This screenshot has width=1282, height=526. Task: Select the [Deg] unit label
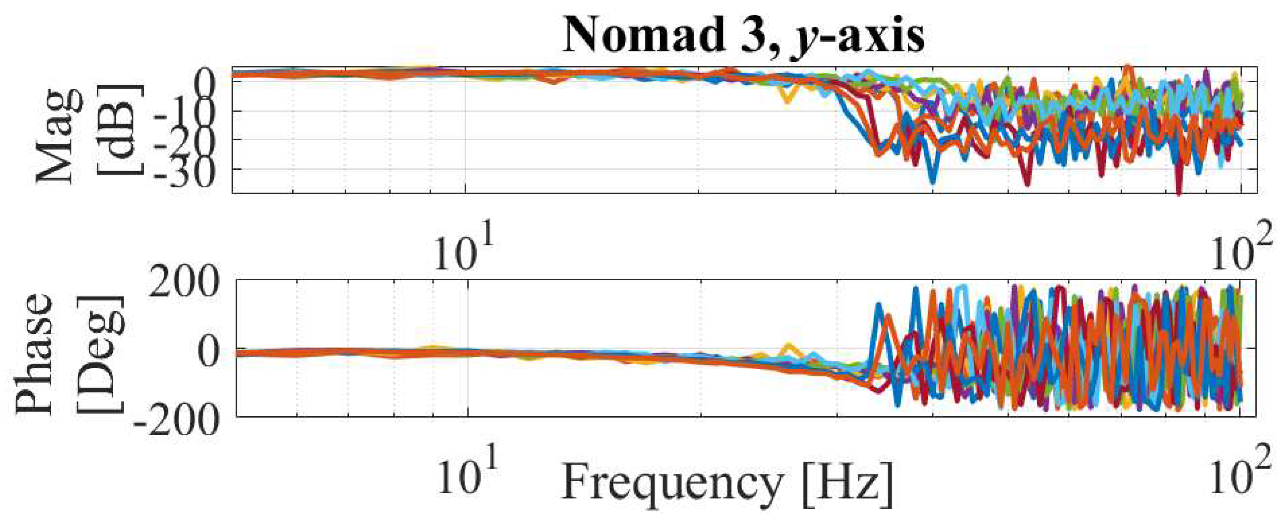[x=99, y=353]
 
